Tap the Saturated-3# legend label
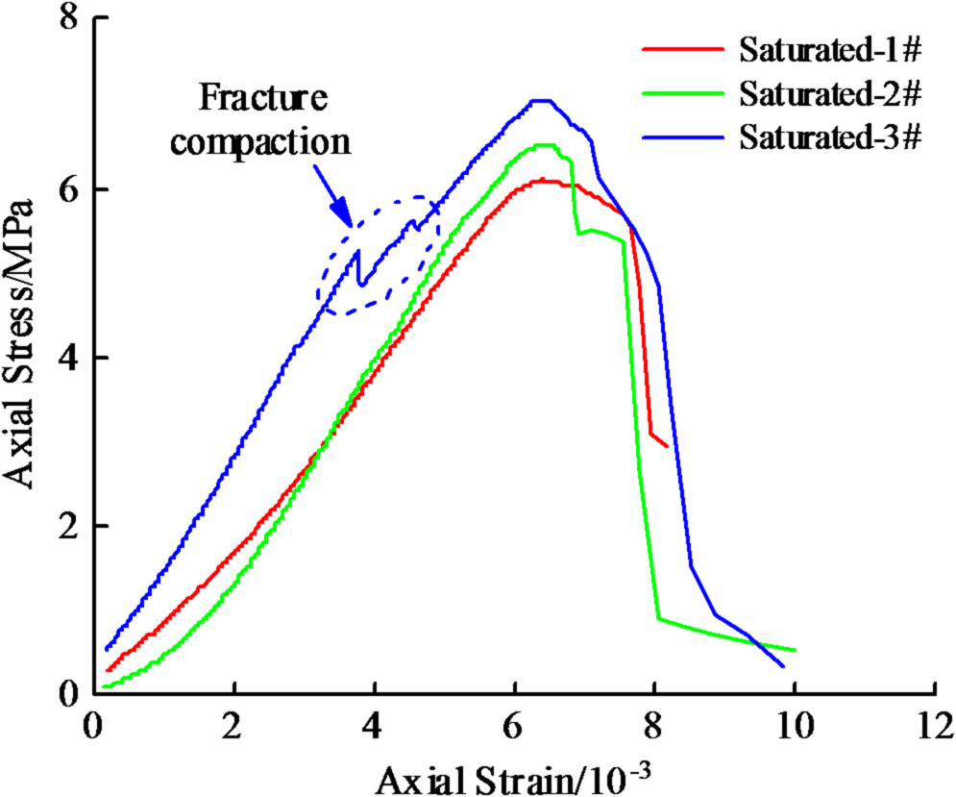831,137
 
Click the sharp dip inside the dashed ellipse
360,284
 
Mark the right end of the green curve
794,651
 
